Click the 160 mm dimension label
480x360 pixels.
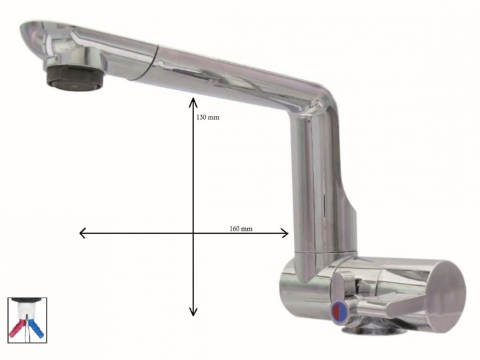coord(241,229)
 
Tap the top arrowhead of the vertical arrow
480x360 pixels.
coord(193,101)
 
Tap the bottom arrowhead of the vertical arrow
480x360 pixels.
coord(193,313)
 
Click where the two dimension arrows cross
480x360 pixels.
coord(193,233)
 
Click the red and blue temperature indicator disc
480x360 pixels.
coord(339,309)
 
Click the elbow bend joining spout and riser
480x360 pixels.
coord(313,100)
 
